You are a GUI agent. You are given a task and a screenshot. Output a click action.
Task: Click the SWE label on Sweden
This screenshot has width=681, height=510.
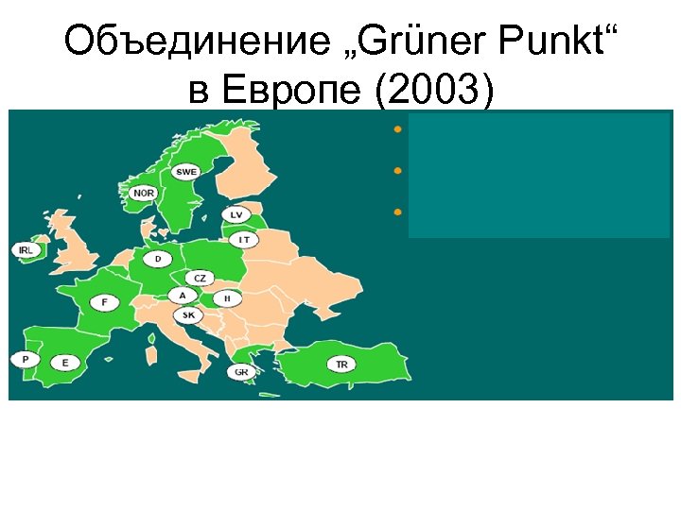point(186,172)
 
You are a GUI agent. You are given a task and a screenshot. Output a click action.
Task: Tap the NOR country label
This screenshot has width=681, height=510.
point(144,193)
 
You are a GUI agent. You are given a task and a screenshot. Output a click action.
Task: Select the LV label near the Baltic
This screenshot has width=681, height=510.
point(236,215)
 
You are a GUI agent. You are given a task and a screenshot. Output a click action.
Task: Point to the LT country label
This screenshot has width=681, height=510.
point(244,240)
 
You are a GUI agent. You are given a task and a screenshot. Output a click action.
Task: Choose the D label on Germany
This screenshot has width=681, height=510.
point(158,258)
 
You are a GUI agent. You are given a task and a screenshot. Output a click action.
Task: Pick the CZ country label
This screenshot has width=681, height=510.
point(200,278)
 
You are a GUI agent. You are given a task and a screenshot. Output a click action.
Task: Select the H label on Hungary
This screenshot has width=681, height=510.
point(227,297)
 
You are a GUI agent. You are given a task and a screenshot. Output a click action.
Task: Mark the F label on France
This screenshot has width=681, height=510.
point(104,302)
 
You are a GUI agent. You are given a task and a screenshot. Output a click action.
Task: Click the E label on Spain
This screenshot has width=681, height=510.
point(65,362)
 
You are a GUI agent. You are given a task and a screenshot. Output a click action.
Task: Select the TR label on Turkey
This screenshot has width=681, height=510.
point(341,364)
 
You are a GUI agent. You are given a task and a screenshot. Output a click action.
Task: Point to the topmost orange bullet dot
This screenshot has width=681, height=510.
point(399,127)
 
